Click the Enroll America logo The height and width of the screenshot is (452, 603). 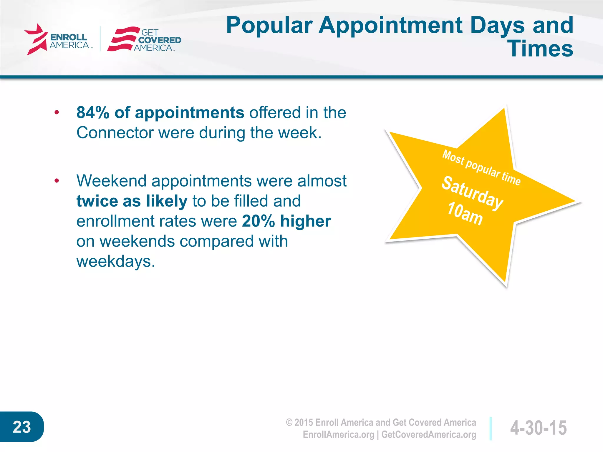pos(57,40)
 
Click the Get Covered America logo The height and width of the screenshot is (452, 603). pos(144,40)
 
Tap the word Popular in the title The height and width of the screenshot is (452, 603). pos(269,26)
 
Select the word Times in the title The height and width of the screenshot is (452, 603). pos(541,49)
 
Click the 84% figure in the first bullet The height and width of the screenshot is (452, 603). pos(93,113)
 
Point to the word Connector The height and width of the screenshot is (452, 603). pos(115,133)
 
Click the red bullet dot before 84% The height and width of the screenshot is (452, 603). pos(57,112)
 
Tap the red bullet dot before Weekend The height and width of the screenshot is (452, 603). pos(57,181)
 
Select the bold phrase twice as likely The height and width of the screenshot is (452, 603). pos(132,201)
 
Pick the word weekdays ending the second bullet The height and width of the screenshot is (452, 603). pos(115,261)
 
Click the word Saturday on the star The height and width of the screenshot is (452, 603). pos(472,193)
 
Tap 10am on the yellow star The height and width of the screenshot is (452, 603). pos(465,214)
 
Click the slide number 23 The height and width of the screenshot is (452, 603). pos(21,427)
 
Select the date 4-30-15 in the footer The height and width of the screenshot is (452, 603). pos(538,428)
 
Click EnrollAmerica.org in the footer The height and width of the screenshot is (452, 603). pos(338,435)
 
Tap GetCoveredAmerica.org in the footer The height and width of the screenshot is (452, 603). pos(428,435)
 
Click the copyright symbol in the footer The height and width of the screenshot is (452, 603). pos(289,423)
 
